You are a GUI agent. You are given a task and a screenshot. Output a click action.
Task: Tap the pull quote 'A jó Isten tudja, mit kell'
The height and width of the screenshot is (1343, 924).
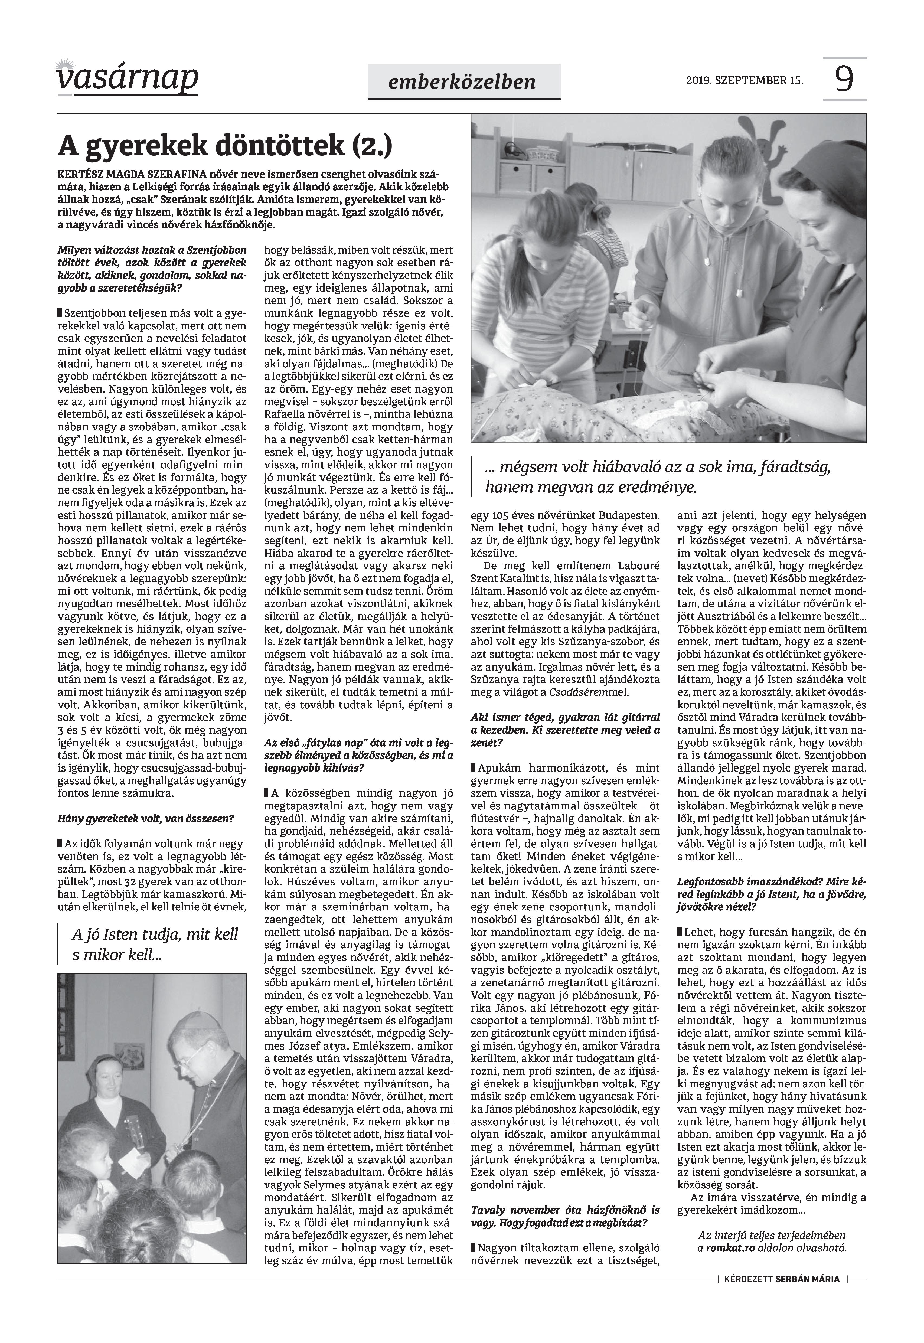click(155, 935)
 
